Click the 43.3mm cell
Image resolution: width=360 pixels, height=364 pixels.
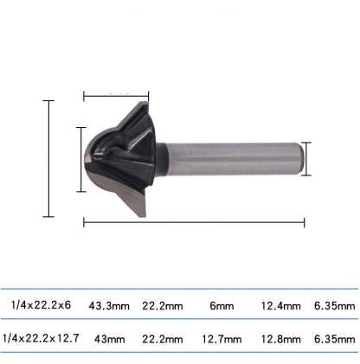(108, 305)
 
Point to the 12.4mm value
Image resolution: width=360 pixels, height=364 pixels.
(280, 305)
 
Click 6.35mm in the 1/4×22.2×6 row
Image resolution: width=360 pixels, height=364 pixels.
(335, 305)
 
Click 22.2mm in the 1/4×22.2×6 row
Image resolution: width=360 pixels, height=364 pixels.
(162, 305)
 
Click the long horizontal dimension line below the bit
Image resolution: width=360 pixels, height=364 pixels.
(194, 222)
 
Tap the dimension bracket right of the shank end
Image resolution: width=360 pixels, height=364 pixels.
(305, 158)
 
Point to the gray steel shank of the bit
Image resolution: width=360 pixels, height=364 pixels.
(234, 158)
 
